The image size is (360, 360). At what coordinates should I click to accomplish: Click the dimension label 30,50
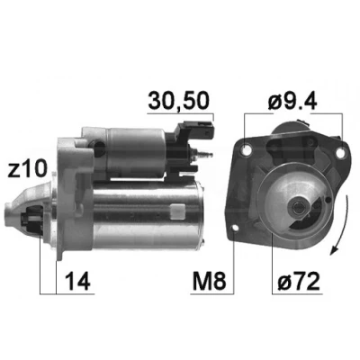(178, 101)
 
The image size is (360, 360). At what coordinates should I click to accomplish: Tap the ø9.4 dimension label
(292, 101)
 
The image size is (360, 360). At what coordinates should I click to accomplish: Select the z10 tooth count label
(28, 169)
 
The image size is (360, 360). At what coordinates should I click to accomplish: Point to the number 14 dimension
(77, 281)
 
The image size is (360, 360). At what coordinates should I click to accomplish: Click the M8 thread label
(209, 281)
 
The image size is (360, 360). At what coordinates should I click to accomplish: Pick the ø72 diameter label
(298, 281)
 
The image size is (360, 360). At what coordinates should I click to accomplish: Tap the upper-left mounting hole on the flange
(247, 150)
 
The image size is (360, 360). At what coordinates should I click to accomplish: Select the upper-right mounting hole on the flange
(340, 153)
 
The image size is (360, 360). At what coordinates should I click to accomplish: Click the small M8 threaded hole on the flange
(236, 229)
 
